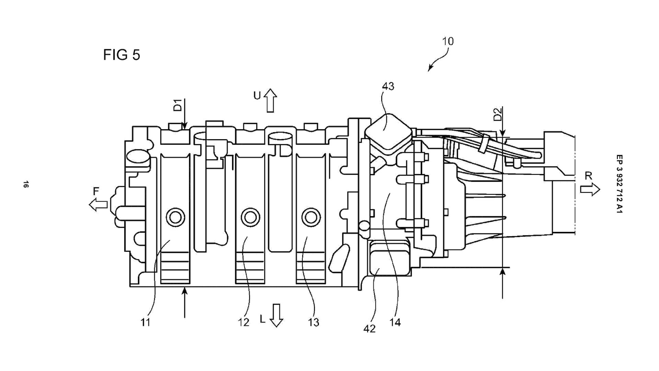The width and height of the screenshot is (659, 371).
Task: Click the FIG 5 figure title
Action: point(122,55)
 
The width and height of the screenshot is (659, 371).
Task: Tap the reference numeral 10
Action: point(448,41)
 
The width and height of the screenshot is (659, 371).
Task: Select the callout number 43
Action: point(388,86)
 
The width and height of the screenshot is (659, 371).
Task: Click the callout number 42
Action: point(369,329)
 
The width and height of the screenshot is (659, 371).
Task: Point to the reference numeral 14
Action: point(395,322)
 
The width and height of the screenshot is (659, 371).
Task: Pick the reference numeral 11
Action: point(145,322)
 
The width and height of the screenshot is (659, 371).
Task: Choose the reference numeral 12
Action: point(243,322)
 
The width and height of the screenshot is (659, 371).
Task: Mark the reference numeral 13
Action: point(313,322)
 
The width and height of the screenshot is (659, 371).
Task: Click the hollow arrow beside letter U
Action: point(270,100)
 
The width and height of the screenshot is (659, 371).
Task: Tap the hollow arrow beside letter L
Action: point(276,315)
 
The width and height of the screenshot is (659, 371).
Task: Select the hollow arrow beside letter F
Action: point(98,205)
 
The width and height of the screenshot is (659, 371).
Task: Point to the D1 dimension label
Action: point(177,105)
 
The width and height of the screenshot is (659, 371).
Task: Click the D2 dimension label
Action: point(498,114)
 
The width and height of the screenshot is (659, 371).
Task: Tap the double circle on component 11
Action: point(175,217)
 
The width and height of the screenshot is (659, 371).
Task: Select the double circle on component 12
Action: point(250,217)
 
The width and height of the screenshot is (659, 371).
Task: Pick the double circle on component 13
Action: point(311,217)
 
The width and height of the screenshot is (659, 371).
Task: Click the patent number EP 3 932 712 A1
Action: point(619,184)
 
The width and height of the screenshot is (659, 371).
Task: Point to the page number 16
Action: point(26,184)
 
